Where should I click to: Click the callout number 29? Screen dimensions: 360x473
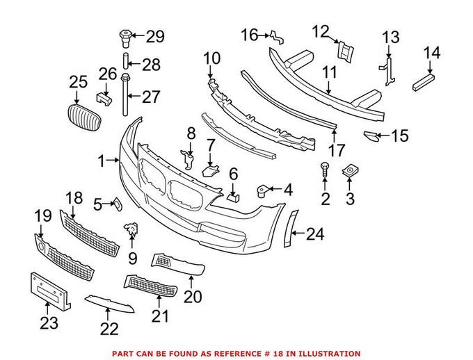(x=154, y=36)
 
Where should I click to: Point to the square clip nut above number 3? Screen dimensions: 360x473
(x=350, y=170)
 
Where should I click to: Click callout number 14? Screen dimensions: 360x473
(x=431, y=52)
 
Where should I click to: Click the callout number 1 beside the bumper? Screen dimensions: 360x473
(x=101, y=161)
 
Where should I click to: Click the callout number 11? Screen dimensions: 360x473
(x=329, y=71)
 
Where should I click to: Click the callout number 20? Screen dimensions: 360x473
(x=193, y=296)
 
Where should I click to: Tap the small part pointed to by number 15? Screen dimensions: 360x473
(x=372, y=137)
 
